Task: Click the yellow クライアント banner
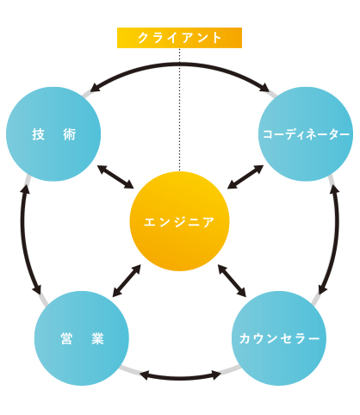pos(179,38)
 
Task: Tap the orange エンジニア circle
pos(180,221)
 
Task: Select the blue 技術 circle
pos(53,134)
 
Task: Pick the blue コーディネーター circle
pos(306,134)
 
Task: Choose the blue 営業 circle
pos(82,338)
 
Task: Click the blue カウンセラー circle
pos(279,338)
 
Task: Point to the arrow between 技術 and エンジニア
pos(115,177)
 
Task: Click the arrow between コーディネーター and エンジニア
pos(245,177)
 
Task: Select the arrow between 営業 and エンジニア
pos(127,281)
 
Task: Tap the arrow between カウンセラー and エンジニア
pos(232,281)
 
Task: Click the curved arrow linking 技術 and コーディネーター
pos(180,65)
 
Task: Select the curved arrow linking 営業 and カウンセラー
pos(180,377)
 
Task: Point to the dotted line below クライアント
pos(180,109)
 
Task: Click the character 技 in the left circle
pos(38,134)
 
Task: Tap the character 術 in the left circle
pos(69,134)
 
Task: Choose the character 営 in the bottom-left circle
pos(66,338)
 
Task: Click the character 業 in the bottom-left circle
pos(97,338)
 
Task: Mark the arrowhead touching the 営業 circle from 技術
pos(37,289)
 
